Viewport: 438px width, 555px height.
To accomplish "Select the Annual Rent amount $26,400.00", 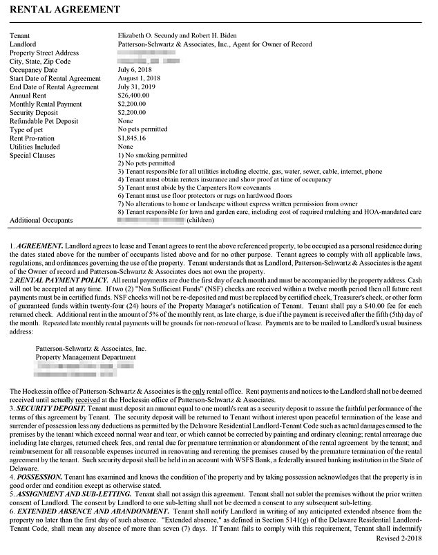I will [133, 96].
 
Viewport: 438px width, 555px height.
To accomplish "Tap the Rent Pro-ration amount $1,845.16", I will [132, 138].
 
